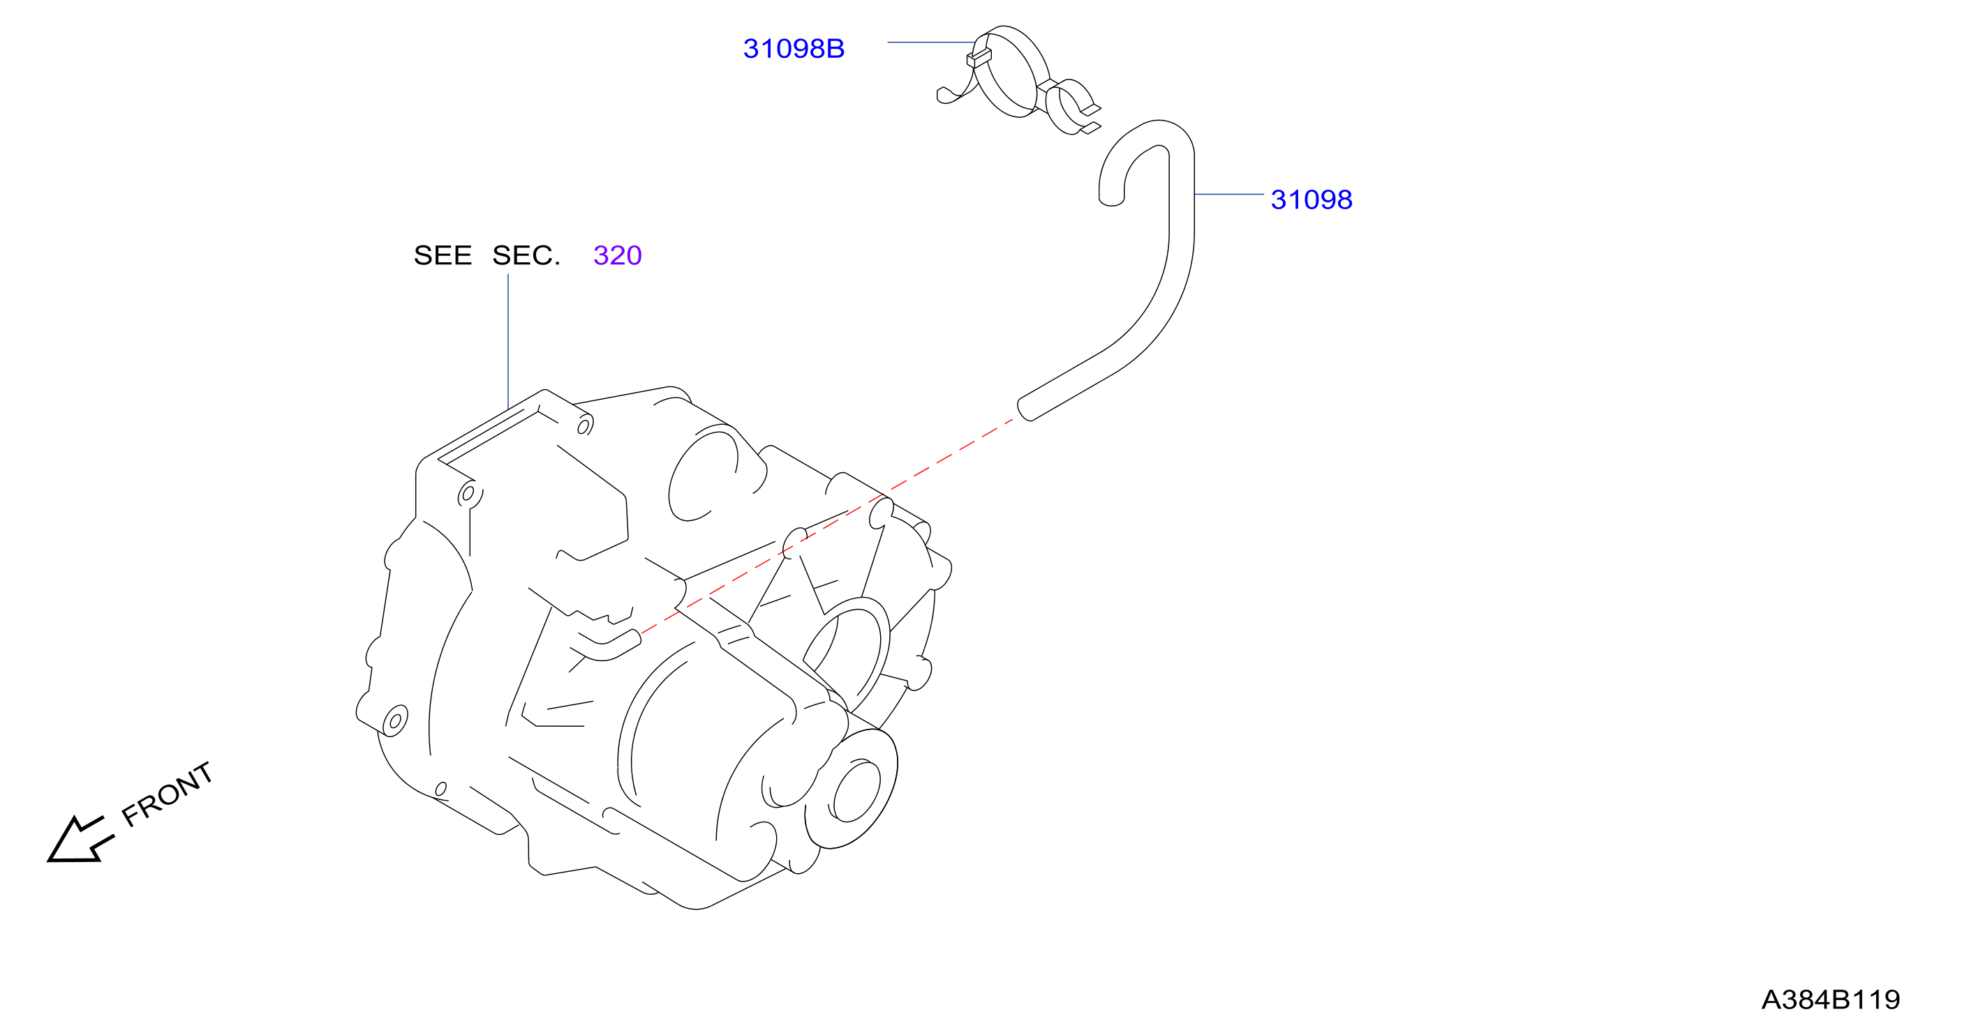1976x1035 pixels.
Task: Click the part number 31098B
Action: (x=793, y=48)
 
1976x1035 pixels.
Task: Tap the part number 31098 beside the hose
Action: (x=1311, y=199)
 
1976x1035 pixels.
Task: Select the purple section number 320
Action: (x=618, y=255)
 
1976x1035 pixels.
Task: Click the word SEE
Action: (x=443, y=255)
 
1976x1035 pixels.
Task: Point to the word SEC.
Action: (x=526, y=255)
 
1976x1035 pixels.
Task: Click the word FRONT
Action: (x=168, y=794)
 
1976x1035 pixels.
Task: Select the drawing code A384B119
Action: (x=1830, y=999)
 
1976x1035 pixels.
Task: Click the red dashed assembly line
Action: (x=827, y=527)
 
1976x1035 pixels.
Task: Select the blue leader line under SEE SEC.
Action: (x=508, y=341)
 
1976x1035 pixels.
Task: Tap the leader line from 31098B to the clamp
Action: (x=932, y=42)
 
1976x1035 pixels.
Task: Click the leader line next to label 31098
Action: (x=1229, y=195)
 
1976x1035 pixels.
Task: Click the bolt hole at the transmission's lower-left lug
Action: (x=395, y=720)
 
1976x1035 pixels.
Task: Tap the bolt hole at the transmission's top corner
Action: (x=584, y=425)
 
